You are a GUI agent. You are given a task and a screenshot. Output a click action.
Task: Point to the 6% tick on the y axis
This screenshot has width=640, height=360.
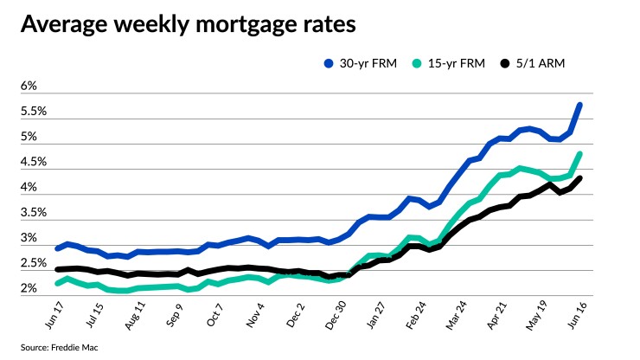coord(29,87)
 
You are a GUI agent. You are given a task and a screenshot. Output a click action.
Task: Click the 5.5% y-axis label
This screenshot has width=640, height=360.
coord(34,112)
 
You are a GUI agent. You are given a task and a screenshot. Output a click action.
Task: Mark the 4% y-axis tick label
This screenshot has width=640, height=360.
coord(29,187)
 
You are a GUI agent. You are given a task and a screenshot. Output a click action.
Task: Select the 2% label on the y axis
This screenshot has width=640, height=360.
coord(29,287)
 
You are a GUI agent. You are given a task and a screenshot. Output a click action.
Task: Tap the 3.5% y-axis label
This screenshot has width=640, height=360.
coord(34,212)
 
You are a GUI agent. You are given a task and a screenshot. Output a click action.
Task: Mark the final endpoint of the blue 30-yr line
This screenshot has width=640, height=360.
coord(579,106)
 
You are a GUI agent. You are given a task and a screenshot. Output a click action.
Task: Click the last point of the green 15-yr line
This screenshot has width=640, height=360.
coord(579,155)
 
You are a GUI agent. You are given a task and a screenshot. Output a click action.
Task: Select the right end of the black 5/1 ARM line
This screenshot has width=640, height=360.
coord(579,179)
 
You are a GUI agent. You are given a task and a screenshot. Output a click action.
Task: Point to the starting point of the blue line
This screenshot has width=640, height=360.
coord(58,248)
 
